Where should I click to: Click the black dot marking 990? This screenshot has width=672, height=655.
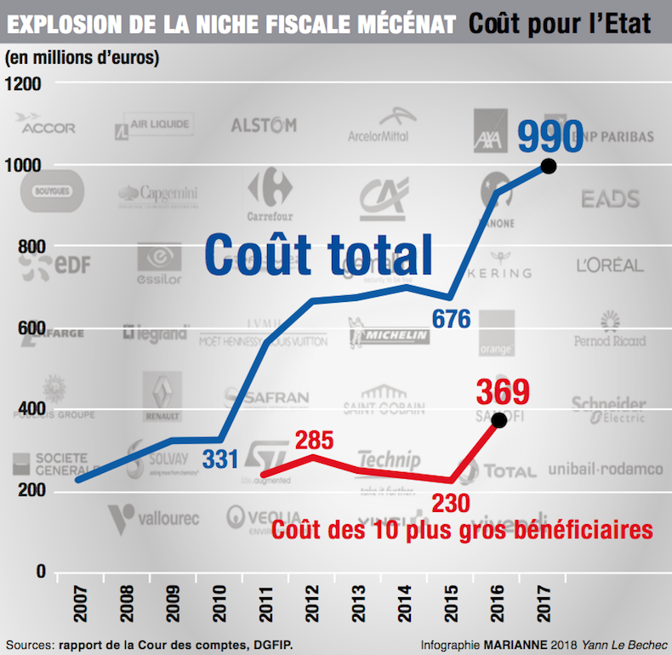549,167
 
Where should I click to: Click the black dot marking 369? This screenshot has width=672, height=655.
499,420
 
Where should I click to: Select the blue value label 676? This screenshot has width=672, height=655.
451,320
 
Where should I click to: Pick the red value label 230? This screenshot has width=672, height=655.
451,503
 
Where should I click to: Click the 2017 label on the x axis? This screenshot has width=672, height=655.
547,607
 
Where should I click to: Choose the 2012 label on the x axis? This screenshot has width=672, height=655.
313,607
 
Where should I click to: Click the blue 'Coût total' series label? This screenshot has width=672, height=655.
319,253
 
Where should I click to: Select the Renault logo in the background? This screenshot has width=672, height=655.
162,396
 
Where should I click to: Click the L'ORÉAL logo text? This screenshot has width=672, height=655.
610,265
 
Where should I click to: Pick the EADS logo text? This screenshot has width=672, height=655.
610,199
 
